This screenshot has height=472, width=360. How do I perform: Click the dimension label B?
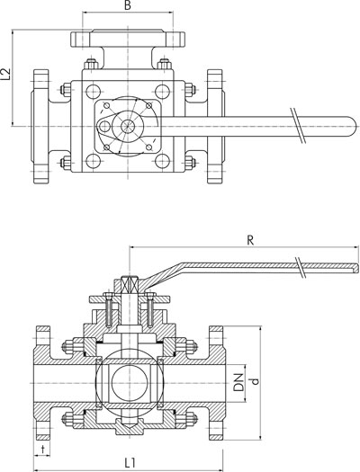pyautogui.click(x=128, y=5)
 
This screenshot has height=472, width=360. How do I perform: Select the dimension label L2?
pyautogui.click(x=5, y=75)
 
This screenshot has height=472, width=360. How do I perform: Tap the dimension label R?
pyautogui.click(x=250, y=240)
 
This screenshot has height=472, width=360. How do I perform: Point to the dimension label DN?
pyautogui.click(x=238, y=382)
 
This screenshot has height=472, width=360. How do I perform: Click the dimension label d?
pyautogui.click(x=255, y=381)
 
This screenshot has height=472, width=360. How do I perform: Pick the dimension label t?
pyautogui.click(x=43, y=450)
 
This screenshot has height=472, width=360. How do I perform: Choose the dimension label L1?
pyautogui.click(x=130, y=463)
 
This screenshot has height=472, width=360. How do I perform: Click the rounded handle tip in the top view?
pyautogui.click(x=353, y=127)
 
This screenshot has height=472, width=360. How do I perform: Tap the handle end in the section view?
pyautogui.click(x=357, y=268)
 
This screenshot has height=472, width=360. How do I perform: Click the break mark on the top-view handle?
pyautogui.click(x=298, y=125)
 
